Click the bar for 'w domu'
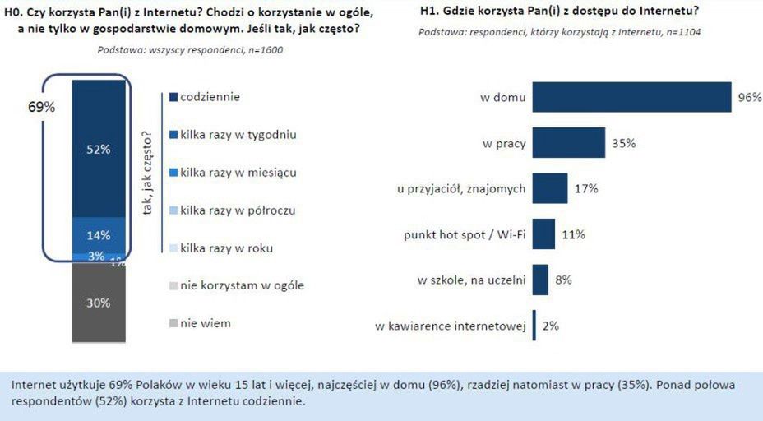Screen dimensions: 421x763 pos(631,97)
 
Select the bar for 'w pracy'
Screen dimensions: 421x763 pos(569,143)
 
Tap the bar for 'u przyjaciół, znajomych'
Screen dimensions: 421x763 pos(550,188)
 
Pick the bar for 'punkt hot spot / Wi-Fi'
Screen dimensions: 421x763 pos(543,234)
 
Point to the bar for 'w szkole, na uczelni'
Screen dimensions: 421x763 pos(540,280)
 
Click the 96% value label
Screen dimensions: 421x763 pos(749,97)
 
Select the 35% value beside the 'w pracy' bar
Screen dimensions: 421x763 pos(623,143)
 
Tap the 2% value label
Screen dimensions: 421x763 pos(550,326)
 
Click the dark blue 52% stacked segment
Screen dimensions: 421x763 pos(99,149)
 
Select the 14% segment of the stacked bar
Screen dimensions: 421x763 pos(99,234)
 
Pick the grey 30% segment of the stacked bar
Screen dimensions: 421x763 pos(99,302)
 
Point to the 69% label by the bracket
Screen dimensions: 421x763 pos(41,108)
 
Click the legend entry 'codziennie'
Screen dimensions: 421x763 pos(209,97)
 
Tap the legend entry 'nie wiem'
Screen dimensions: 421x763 pos(205,323)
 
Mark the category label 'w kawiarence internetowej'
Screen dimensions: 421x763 pos(450,326)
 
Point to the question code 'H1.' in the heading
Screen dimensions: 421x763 pos(428,11)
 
